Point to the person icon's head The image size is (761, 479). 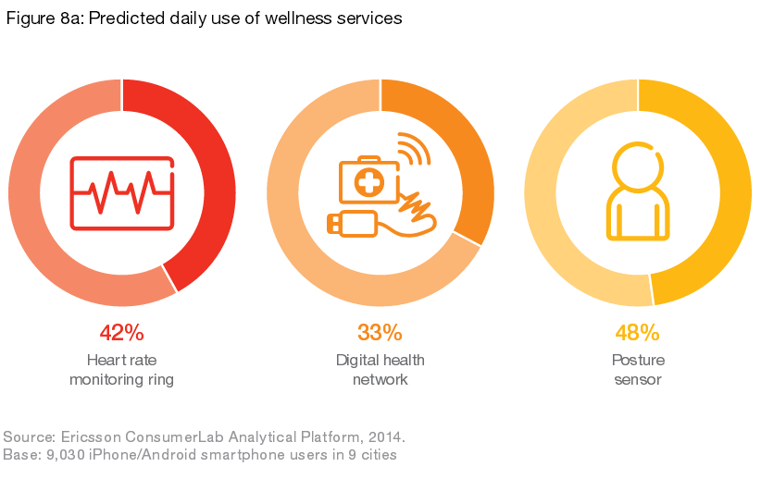637,164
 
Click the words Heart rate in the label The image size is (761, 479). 121,361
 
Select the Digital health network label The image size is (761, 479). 380,370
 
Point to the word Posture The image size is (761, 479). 638,361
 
